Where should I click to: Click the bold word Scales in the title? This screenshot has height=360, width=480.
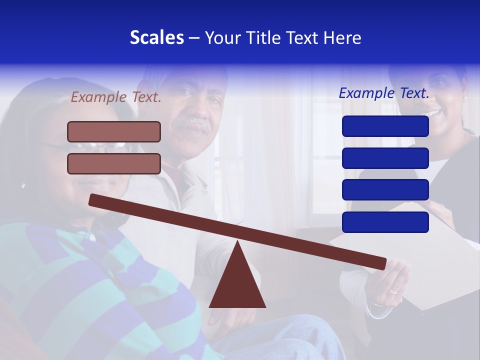156,37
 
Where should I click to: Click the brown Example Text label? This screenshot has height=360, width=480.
116,97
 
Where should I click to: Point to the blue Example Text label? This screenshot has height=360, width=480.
384,93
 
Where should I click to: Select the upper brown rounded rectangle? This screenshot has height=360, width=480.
114,131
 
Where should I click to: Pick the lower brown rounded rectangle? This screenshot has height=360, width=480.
114,163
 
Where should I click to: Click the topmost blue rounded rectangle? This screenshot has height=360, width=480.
385,126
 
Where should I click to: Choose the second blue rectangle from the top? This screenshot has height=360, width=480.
385,158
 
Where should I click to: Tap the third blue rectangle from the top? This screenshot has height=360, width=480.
385,190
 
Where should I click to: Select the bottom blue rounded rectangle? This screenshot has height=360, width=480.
385,222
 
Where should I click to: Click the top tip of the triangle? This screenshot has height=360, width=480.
238,242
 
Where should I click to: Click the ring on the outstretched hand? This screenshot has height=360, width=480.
393,290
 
